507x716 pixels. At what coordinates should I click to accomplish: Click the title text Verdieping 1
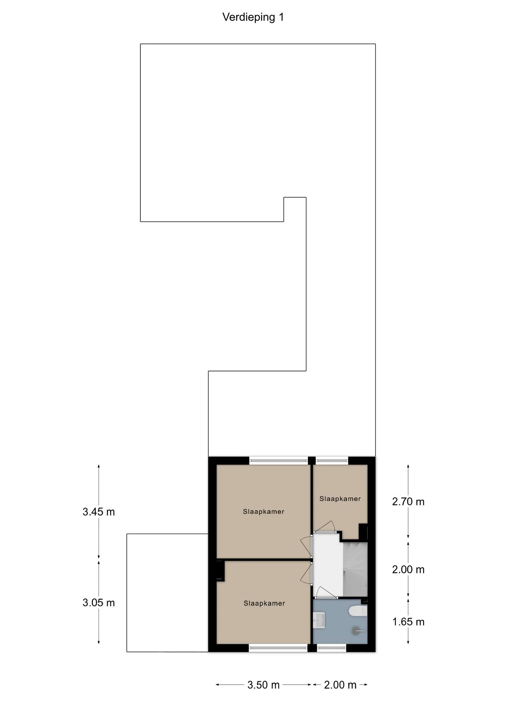[x=253, y=17]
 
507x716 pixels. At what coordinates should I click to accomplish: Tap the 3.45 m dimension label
[x=99, y=512]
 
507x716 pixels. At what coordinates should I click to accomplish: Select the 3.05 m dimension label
[x=99, y=603]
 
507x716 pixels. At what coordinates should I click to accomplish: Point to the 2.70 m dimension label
[x=408, y=502]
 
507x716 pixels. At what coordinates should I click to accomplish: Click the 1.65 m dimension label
[x=408, y=622]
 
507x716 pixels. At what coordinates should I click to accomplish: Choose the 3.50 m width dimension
[x=264, y=685]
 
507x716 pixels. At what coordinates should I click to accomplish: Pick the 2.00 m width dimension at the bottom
[x=340, y=685]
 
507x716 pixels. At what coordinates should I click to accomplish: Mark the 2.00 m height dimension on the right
[x=408, y=569]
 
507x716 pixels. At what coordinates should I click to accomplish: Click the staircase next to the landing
[x=355, y=569]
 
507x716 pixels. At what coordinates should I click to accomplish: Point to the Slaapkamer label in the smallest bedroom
[x=340, y=499]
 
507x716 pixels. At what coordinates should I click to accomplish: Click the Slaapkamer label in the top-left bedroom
[x=264, y=512]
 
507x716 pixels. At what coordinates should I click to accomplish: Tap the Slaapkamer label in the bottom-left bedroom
[x=264, y=603]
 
